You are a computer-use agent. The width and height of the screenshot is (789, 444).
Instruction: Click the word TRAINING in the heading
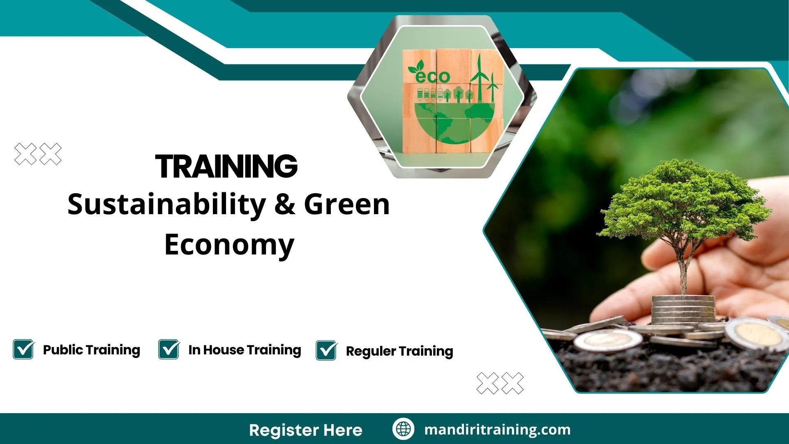[x=226, y=166]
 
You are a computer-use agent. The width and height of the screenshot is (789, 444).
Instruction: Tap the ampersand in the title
[x=285, y=205]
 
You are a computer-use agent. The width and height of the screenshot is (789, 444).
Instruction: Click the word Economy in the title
[x=229, y=245]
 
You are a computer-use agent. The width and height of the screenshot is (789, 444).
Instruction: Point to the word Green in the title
[x=347, y=205]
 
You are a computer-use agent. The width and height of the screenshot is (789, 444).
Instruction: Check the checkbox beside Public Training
[x=23, y=349]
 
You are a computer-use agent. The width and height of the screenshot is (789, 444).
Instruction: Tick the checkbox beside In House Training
[x=169, y=349]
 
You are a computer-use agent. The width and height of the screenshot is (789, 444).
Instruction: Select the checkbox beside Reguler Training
[x=326, y=351]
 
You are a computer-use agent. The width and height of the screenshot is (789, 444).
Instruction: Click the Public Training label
[x=92, y=350]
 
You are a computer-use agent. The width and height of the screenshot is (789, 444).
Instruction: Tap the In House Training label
[x=245, y=350]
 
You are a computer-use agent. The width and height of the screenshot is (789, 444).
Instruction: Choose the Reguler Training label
[x=399, y=351]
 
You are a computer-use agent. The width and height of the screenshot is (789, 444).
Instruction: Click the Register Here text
[x=305, y=430]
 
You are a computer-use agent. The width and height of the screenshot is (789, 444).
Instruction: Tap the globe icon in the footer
[x=403, y=429]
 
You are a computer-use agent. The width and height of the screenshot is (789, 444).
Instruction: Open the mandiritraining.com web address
[x=497, y=430]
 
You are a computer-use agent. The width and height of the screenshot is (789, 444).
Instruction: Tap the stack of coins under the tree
[x=683, y=309]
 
